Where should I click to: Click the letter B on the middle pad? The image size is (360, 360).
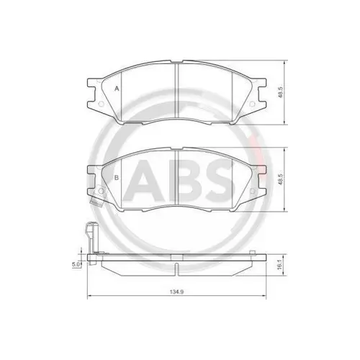pos(117,177)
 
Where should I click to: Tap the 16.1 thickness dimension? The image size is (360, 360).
pos(279,266)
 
